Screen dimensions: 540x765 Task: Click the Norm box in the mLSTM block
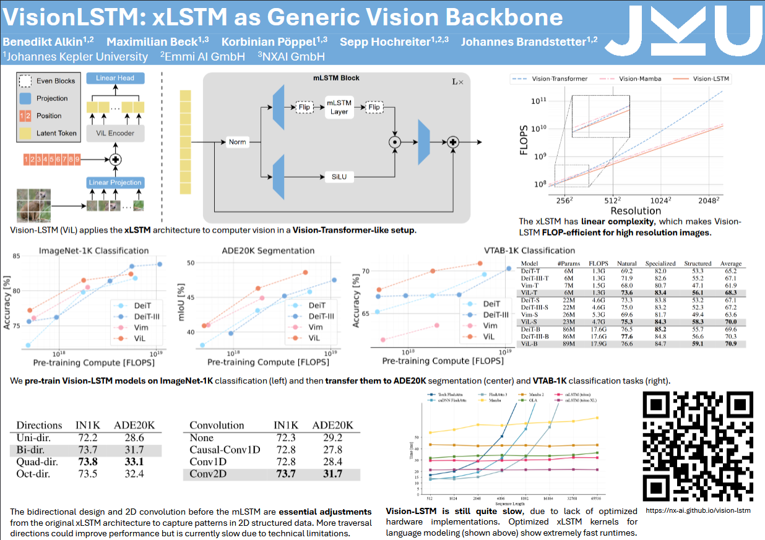point(237,142)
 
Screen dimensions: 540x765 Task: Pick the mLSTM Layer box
point(339,107)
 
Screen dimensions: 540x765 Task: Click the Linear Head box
point(116,78)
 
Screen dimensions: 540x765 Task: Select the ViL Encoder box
point(116,133)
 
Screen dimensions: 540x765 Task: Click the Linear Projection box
point(116,182)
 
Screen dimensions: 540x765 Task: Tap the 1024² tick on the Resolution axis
point(661,200)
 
